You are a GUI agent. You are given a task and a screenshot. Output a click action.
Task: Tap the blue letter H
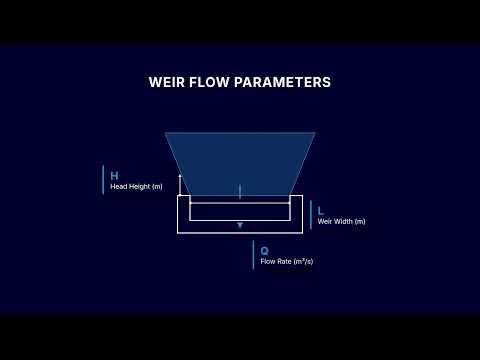pyautogui.click(x=114, y=175)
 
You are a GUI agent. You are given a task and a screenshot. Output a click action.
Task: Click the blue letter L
pyautogui.click(x=320, y=211)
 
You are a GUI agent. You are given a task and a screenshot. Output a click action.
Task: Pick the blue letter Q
pyautogui.click(x=264, y=251)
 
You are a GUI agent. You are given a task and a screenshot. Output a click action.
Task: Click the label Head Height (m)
pyautogui.click(x=136, y=187)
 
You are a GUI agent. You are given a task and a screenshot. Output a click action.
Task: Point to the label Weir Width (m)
pyautogui.click(x=341, y=221)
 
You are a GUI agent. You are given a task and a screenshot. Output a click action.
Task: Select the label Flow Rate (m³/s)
pyautogui.click(x=287, y=262)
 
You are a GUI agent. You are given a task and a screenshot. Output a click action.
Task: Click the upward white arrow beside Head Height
pyautogui.click(x=180, y=183)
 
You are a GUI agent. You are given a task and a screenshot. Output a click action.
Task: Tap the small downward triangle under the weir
pyautogui.click(x=240, y=226)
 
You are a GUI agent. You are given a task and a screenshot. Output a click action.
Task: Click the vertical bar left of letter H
pyautogui.click(x=103, y=180)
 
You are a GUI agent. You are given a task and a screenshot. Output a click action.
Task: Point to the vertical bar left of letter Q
pyautogui.click(x=253, y=255)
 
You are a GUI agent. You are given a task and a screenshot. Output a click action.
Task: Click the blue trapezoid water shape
pyautogui.click(x=240, y=160)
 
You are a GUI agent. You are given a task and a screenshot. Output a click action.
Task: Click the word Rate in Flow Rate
pyautogui.click(x=282, y=262)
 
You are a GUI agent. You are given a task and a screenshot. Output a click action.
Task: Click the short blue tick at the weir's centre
pyautogui.click(x=240, y=191)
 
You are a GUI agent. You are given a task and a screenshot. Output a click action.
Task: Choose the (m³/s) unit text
pyautogui.click(x=302, y=262)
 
